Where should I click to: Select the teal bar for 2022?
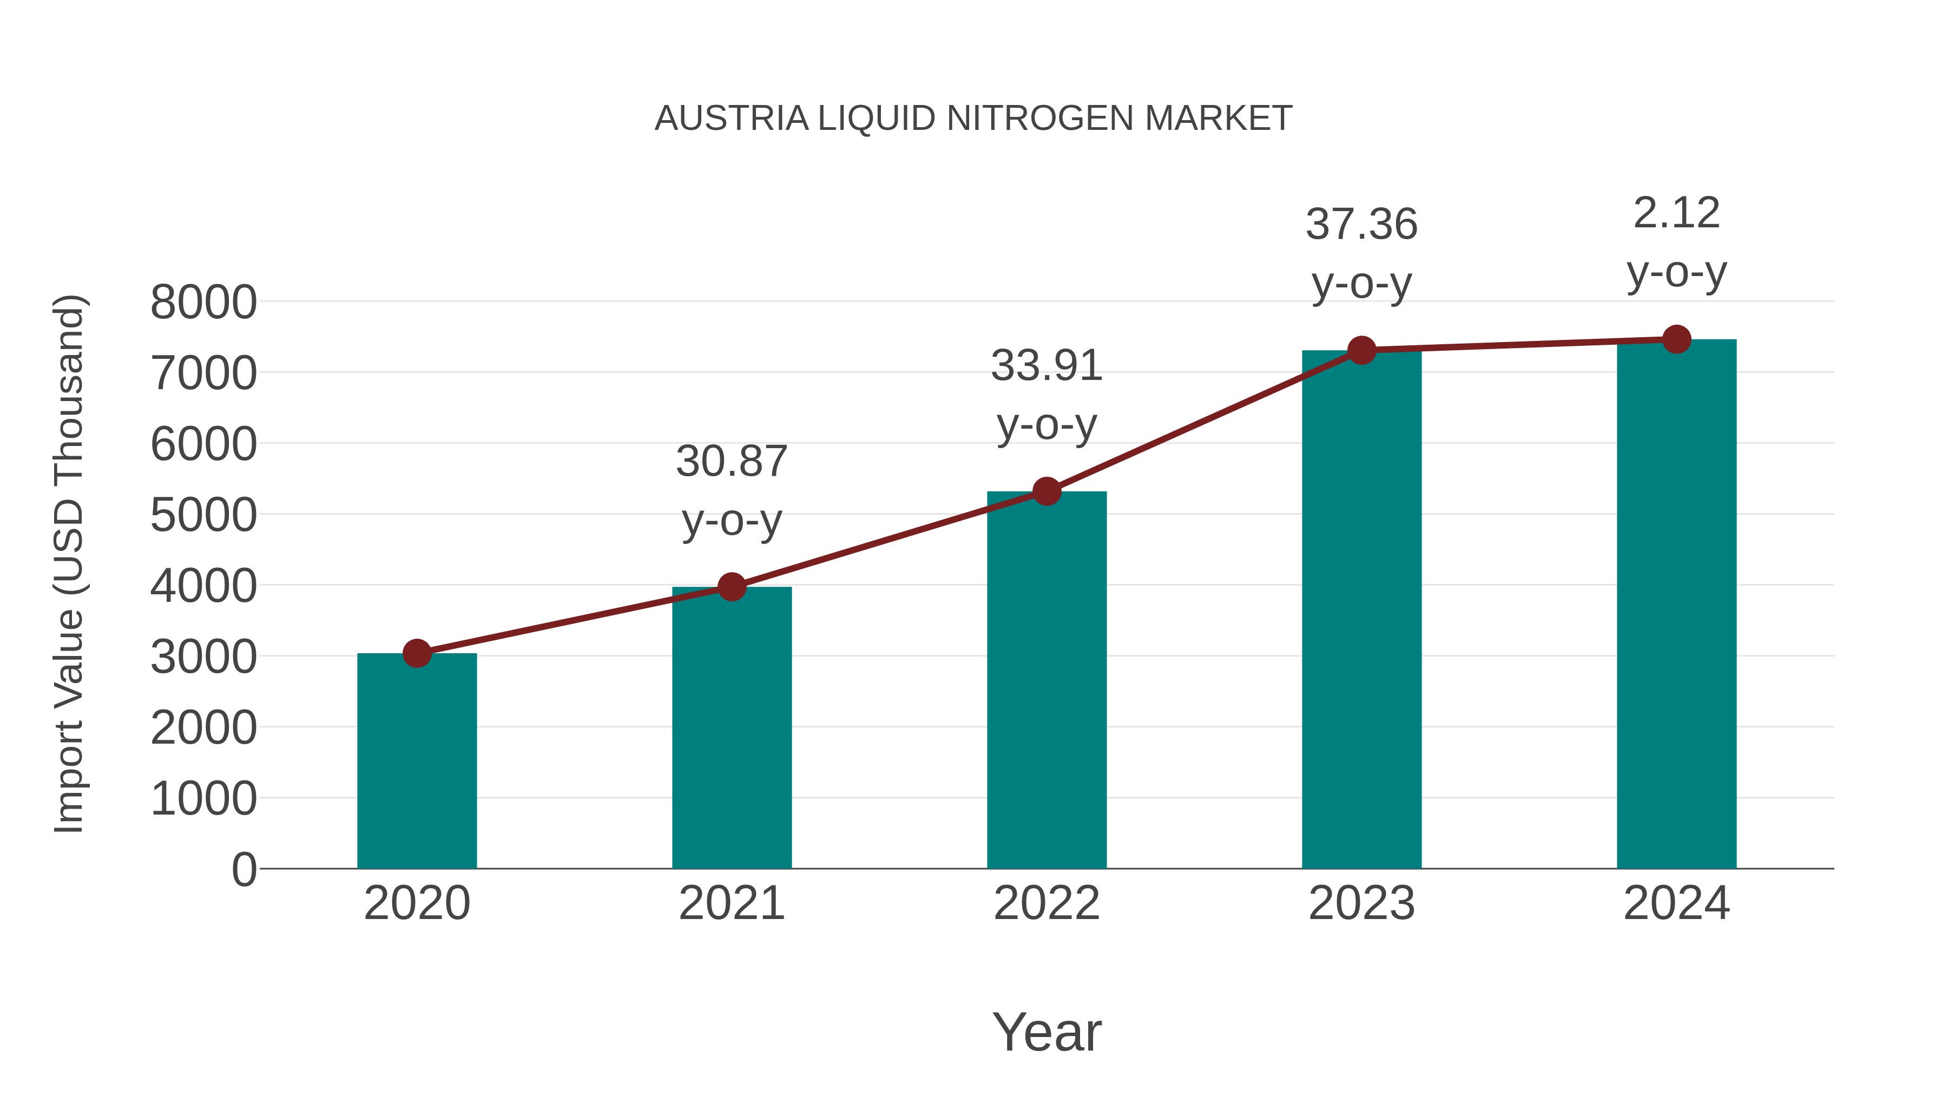[x=1047, y=681]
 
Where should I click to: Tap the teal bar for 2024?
[x=1676, y=605]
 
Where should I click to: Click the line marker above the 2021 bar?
[x=731, y=587]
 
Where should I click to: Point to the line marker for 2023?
[x=1361, y=350]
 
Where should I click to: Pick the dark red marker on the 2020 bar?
[x=417, y=653]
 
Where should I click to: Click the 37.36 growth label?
[x=1361, y=225]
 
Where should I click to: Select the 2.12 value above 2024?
[x=1676, y=213]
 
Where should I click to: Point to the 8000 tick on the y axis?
[x=203, y=303]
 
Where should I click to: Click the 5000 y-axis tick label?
[x=203, y=516]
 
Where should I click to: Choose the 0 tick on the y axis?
[x=244, y=870]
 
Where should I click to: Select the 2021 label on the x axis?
[x=731, y=903]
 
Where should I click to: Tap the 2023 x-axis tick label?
[x=1361, y=903]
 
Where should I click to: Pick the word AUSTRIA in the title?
[x=731, y=119]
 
